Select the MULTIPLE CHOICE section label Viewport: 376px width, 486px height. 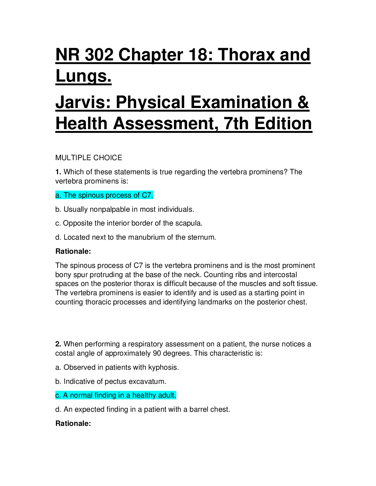88,158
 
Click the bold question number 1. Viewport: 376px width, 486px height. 58,172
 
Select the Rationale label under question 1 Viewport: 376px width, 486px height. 73,251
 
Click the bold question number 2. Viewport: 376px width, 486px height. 58,344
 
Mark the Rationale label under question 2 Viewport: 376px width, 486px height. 73,423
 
